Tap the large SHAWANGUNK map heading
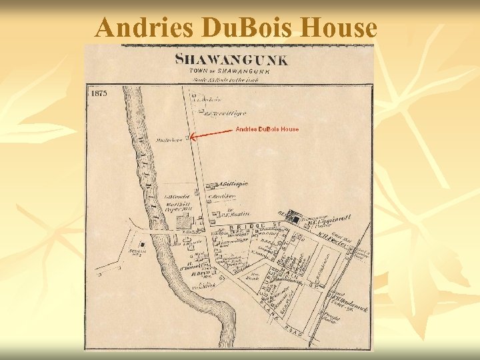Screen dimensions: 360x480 point(232,60)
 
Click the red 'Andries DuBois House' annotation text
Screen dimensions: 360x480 point(267,129)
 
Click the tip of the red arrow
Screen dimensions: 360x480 point(191,137)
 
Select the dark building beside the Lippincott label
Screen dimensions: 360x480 point(295,218)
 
